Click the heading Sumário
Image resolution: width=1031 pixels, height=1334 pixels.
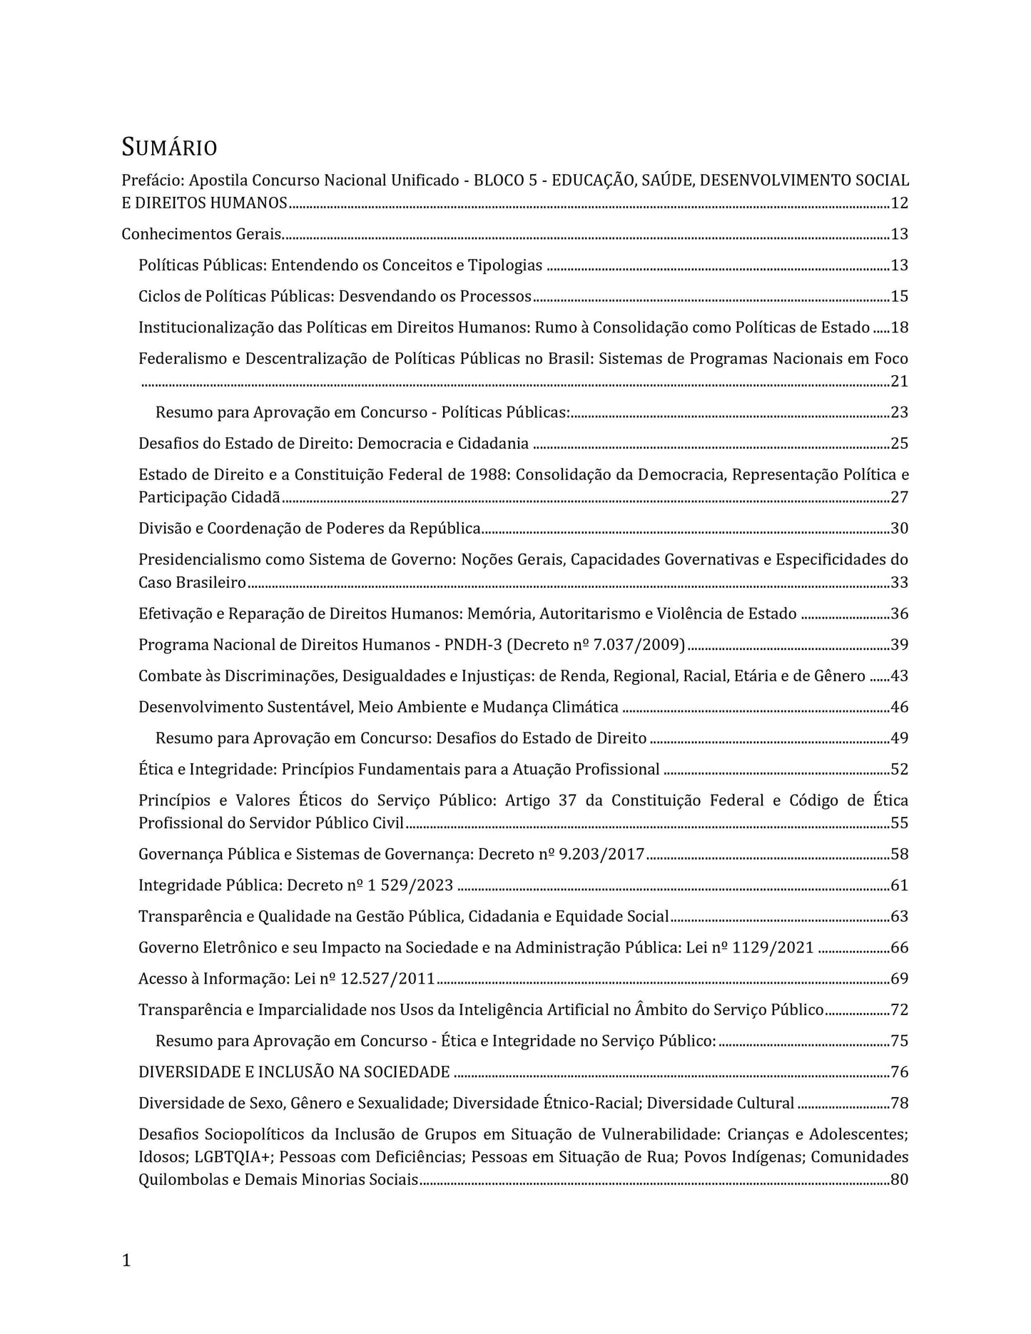(x=169, y=148)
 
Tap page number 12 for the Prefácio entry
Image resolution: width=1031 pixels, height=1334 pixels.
(x=899, y=203)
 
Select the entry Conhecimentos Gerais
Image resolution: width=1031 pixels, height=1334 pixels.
(x=202, y=234)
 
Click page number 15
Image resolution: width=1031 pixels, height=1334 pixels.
(x=899, y=297)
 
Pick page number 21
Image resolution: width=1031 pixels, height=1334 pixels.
(x=899, y=382)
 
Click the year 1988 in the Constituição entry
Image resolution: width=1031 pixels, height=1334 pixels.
(x=488, y=475)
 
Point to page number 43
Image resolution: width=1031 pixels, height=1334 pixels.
(x=899, y=676)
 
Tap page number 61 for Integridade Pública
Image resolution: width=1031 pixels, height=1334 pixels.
(x=899, y=886)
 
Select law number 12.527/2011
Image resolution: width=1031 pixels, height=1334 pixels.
(x=387, y=979)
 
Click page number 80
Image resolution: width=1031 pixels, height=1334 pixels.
(x=899, y=1180)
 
